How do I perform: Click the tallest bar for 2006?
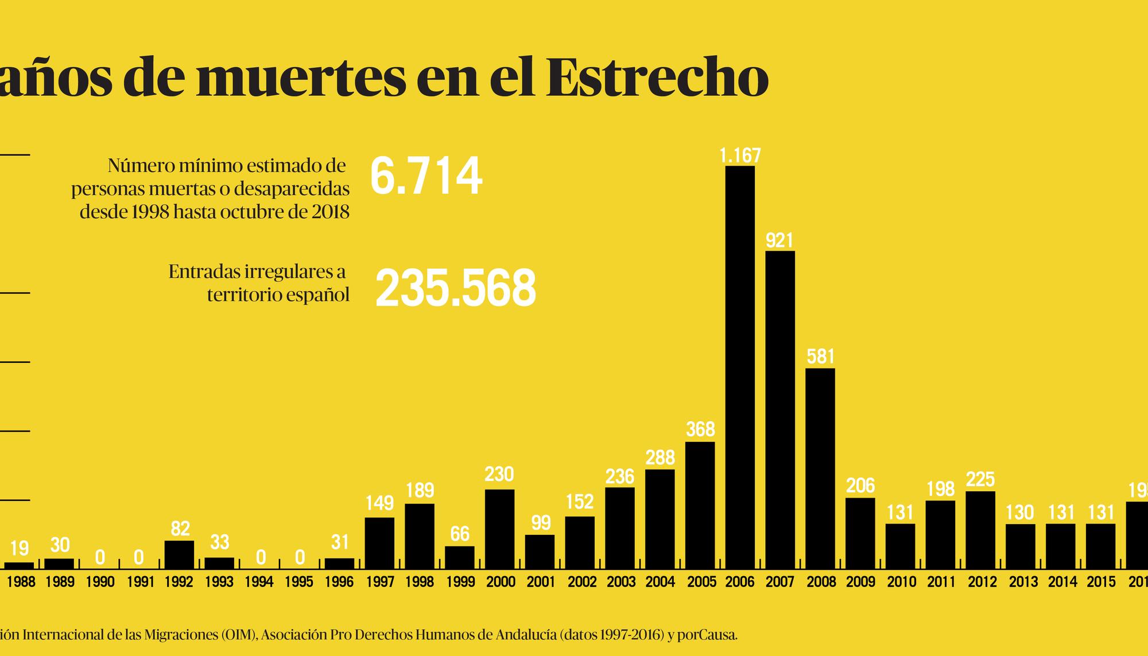[x=740, y=367]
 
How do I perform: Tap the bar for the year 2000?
[x=499, y=529]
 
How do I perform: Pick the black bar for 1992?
[x=179, y=554]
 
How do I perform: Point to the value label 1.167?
[x=740, y=156]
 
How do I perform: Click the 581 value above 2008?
[x=820, y=357]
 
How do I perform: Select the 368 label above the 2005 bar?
[x=700, y=430]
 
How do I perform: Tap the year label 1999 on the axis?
[x=460, y=582]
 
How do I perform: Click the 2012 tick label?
[x=982, y=582]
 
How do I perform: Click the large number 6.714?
[x=425, y=177]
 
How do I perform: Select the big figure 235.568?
[x=455, y=288]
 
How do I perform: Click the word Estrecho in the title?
[x=657, y=77]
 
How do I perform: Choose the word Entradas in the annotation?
[x=205, y=271]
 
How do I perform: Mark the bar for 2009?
[x=860, y=533]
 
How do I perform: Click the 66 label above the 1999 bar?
[x=460, y=534]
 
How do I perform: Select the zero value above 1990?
[x=100, y=557]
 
